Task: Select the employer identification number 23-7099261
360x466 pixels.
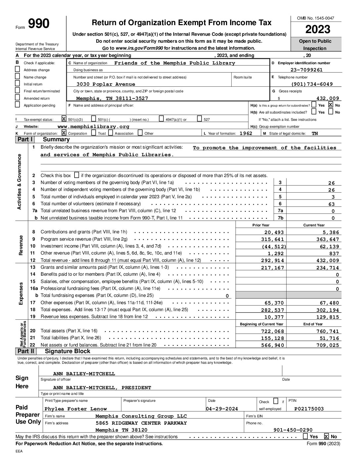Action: pyautogui.click(x=306, y=70)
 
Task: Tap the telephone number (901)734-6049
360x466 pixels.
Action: pyautogui.click(x=312, y=84)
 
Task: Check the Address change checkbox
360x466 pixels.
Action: pyautogui.click(x=18, y=70)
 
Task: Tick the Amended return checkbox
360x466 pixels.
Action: pyautogui.click(x=18, y=98)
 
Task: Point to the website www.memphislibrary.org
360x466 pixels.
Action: pyautogui.click(x=93, y=126)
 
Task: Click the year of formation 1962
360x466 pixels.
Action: pyautogui.click(x=246, y=133)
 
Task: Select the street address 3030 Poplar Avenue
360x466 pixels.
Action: pyautogui.click(x=106, y=84)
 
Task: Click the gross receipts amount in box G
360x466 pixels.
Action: pyautogui.click(x=328, y=98)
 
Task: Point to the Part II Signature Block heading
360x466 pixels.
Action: pyautogui.click(x=67, y=351)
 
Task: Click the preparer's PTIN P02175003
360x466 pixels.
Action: pyautogui.click(x=309, y=409)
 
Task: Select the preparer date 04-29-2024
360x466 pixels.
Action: pyautogui.click(x=222, y=409)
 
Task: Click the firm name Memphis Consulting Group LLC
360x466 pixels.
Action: pyautogui.click(x=141, y=416)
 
